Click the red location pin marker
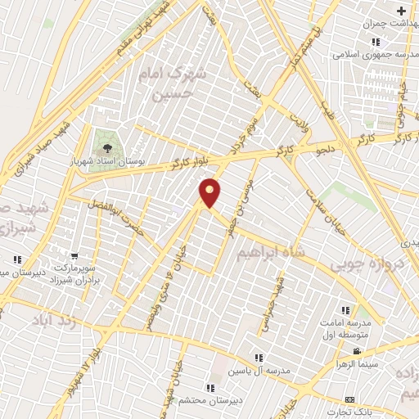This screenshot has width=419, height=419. (x=210, y=191)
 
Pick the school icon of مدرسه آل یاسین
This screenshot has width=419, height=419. (x=259, y=358)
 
